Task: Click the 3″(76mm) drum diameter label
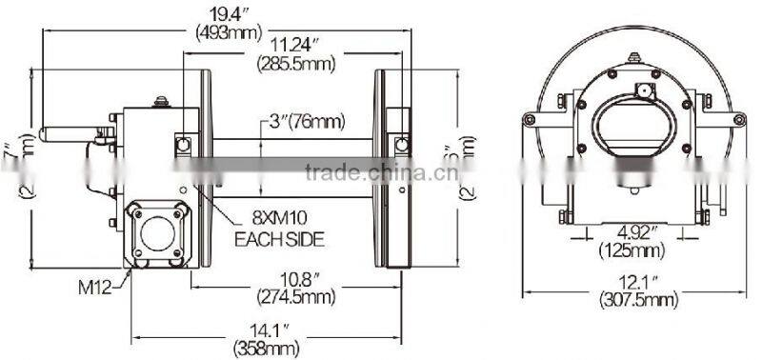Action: click(x=305, y=121)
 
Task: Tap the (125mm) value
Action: click(x=632, y=251)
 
